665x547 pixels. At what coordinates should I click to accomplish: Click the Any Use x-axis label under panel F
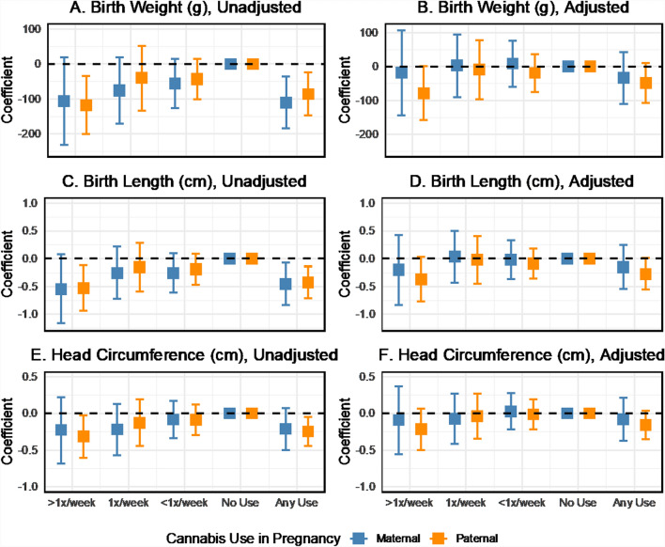click(x=633, y=503)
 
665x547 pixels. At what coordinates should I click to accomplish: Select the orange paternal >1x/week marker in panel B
click(x=424, y=93)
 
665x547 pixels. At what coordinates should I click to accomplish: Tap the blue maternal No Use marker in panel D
click(x=566, y=258)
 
